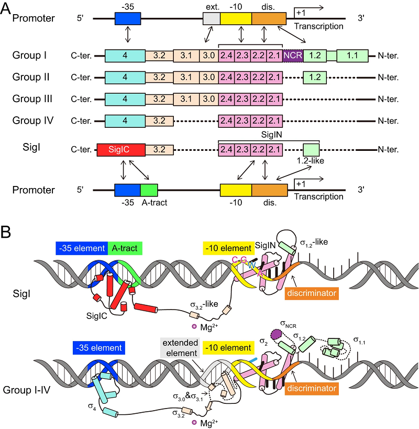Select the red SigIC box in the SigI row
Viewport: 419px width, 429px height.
point(121,150)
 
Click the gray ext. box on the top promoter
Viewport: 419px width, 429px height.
point(211,18)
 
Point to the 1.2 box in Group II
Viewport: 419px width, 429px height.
point(315,77)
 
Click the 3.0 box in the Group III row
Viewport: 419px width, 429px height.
point(208,98)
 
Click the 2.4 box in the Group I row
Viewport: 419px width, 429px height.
point(227,55)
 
